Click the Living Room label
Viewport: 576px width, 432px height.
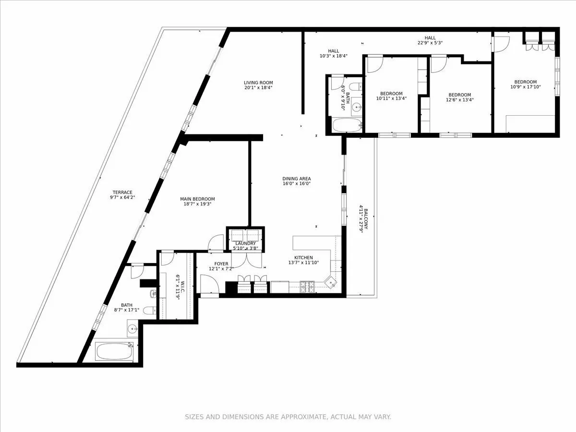tap(258, 83)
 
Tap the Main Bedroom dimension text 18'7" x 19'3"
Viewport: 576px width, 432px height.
tap(197, 204)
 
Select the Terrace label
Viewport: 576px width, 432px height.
tap(120, 192)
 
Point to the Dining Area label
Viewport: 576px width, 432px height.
tap(296, 178)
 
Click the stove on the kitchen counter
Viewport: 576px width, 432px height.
tap(307, 288)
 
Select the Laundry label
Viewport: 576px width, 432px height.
tap(245, 243)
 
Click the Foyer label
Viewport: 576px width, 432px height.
tap(221, 264)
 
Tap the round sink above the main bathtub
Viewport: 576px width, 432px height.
tap(132, 329)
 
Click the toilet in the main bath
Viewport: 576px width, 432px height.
tap(150, 310)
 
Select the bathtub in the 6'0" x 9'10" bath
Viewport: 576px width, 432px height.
tap(346, 126)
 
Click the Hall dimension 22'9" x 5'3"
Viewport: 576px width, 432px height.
tap(430, 43)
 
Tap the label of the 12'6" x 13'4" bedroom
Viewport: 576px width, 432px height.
tap(459, 95)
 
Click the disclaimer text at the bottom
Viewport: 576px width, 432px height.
tap(288, 417)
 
